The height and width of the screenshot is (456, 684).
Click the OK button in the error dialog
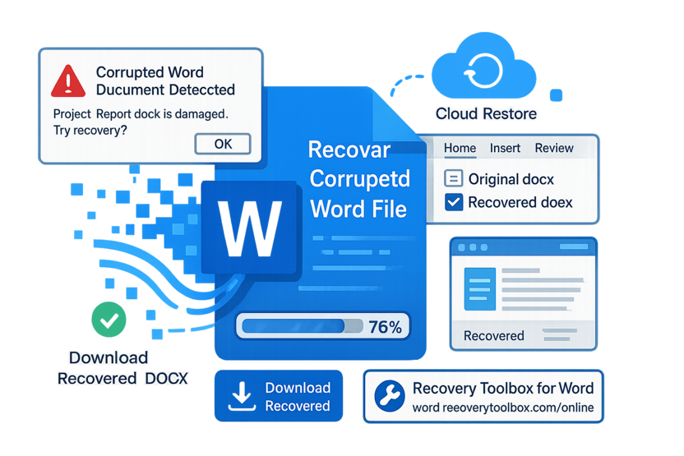(x=223, y=144)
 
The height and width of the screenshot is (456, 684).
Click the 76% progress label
(x=385, y=327)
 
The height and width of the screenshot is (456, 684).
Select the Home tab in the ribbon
(x=460, y=149)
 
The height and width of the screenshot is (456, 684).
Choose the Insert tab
(x=505, y=149)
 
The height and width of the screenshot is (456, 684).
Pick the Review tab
(x=554, y=149)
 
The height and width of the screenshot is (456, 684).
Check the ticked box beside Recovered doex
(x=453, y=202)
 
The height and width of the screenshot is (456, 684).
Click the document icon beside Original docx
(x=453, y=178)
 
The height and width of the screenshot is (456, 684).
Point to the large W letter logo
(x=249, y=228)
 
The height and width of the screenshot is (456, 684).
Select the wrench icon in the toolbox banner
(x=390, y=397)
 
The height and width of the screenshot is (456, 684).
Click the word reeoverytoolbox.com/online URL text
(x=503, y=408)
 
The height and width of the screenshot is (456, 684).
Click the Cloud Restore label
(x=486, y=114)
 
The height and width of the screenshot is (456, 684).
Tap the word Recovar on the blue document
(x=349, y=151)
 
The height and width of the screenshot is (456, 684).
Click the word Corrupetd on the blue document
(x=359, y=180)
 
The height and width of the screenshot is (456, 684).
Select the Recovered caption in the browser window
(x=493, y=335)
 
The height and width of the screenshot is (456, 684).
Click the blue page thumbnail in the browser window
(x=479, y=288)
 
